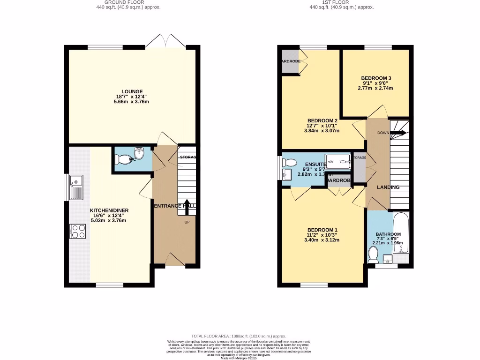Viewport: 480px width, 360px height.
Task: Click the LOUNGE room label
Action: pos(132,92)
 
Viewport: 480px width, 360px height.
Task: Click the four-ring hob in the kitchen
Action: pos(78,232)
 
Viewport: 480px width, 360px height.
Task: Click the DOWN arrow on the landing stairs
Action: pos(398,133)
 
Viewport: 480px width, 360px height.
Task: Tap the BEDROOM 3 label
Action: pos(376,78)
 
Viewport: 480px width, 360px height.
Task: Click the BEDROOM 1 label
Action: pos(322,230)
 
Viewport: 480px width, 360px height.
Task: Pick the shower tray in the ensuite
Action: pos(338,161)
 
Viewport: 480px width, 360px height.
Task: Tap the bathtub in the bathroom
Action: pos(401,233)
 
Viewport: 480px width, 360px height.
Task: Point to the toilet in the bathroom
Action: pos(373,255)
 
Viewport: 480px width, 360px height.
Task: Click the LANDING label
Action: pos(389,187)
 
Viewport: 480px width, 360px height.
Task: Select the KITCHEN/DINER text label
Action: pos(109,210)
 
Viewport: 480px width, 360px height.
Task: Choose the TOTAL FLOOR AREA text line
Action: pos(239,336)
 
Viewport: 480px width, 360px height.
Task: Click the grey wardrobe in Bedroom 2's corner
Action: pos(290,61)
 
